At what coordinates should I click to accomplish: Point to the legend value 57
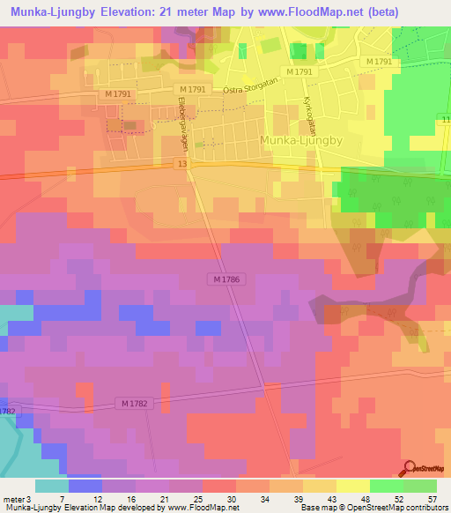tap(431, 500)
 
